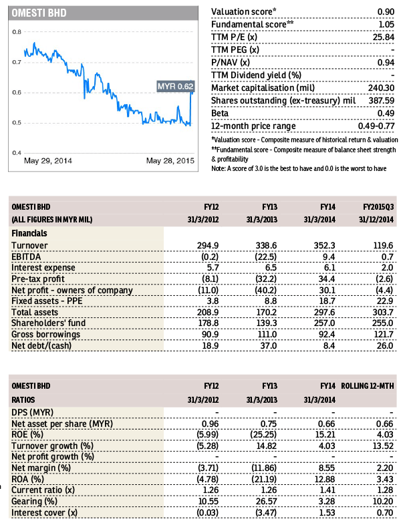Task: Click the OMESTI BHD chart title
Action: pos(39,13)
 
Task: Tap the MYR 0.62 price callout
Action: pos(176,86)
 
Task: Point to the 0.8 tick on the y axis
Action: pos(17,32)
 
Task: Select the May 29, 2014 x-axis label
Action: pos(48,161)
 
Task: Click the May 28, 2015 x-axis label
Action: pos(170,161)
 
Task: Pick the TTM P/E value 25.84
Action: pos(383,37)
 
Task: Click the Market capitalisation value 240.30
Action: pos(381,88)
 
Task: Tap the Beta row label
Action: pos(220,114)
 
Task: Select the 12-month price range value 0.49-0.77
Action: pos(376,126)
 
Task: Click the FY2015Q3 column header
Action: pos(378,207)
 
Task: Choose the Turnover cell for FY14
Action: pos(324,246)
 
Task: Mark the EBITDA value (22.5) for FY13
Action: pos(266,256)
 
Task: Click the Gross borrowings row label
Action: pos(45,335)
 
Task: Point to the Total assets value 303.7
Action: pos(382,312)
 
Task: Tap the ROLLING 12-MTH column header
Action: pos(368,386)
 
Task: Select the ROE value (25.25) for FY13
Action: pos(263,435)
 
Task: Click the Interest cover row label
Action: pos(44,513)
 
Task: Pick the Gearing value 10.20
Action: pos(383,502)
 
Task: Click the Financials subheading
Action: pos(29,233)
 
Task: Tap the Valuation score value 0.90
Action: pos(386,12)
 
